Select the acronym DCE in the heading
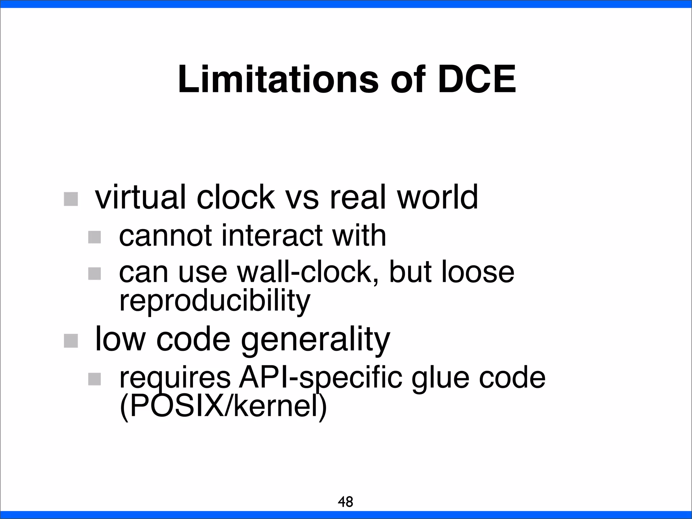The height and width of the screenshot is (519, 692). coord(477,79)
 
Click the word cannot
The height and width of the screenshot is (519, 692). coord(165,236)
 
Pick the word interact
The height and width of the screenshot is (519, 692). coord(272,236)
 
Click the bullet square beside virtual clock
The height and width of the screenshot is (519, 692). coord(71,199)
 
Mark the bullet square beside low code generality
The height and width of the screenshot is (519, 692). coord(71,341)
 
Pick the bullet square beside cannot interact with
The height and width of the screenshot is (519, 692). coord(95,237)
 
